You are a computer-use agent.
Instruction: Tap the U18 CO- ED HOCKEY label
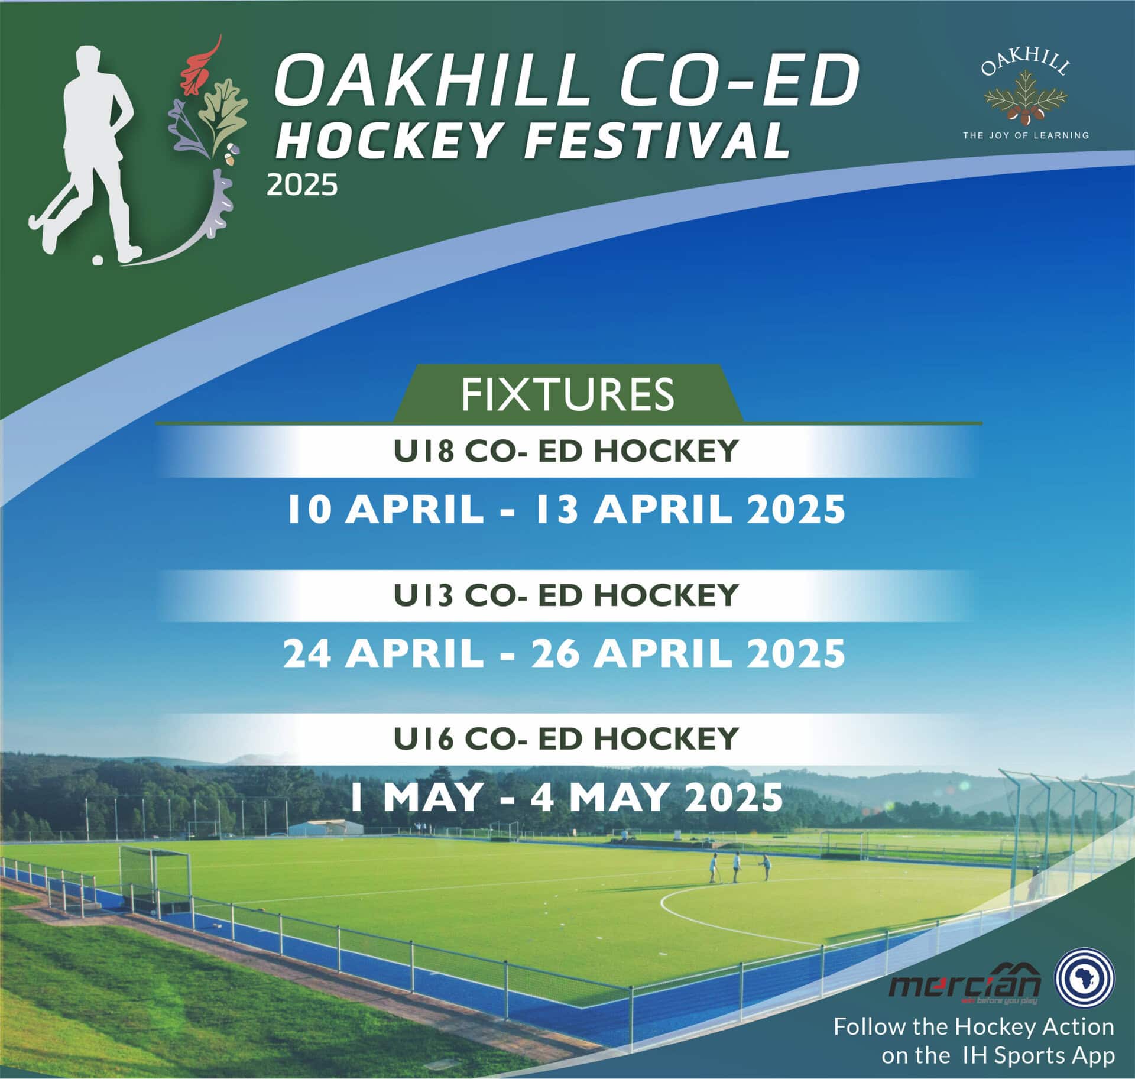tap(566, 451)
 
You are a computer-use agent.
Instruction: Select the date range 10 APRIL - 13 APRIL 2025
tap(566, 509)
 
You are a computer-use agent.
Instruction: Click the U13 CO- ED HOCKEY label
tap(566, 595)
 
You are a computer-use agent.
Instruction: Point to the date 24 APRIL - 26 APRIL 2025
tap(565, 654)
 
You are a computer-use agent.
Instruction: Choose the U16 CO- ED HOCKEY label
tap(566, 738)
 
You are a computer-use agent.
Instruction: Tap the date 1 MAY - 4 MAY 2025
tap(566, 797)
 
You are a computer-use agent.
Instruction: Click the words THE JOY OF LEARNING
tap(1026, 135)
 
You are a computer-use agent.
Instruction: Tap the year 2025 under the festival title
tap(302, 186)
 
